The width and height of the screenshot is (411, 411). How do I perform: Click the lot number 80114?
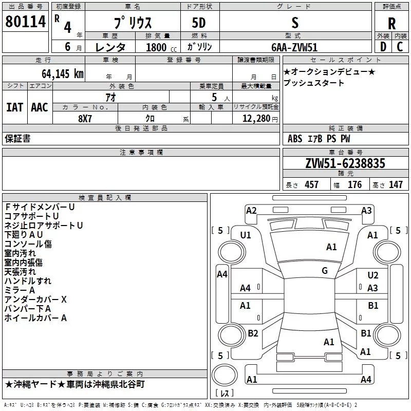(x=25, y=23)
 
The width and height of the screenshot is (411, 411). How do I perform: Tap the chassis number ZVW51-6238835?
(x=345, y=164)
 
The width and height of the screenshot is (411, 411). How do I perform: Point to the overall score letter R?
(x=392, y=24)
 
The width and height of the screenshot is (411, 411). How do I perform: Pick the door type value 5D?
(x=198, y=23)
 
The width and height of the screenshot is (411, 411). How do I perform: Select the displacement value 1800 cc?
(x=160, y=47)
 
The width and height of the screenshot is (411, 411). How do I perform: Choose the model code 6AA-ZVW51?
(x=294, y=47)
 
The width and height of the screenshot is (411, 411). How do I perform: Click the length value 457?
(x=311, y=184)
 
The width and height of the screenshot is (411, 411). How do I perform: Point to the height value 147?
(x=396, y=184)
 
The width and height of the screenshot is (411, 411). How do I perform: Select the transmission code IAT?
(x=14, y=107)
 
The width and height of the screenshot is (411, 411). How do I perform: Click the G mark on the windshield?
(x=324, y=271)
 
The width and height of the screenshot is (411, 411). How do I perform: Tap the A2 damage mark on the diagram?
(x=251, y=210)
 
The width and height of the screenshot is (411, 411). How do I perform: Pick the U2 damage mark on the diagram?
(x=372, y=276)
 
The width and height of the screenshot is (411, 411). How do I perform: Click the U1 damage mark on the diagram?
(x=246, y=235)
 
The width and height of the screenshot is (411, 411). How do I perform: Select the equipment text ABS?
(x=295, y=139)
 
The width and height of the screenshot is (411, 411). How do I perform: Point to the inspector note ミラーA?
(x=20, y=290)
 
